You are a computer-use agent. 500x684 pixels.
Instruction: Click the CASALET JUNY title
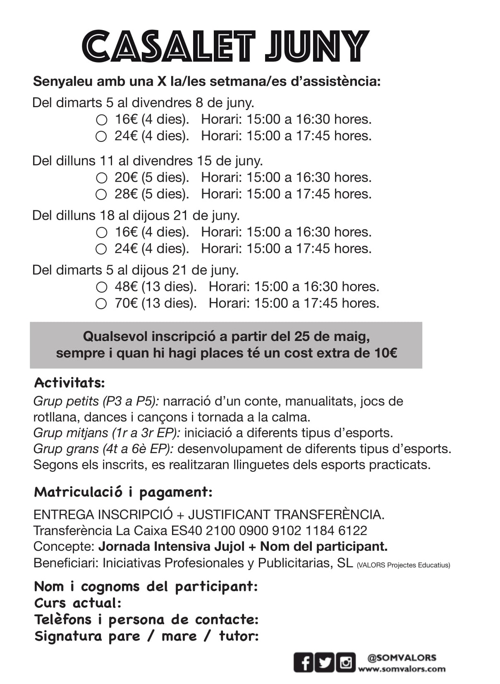click(x=225, y=46)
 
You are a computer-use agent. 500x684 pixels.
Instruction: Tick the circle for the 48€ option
click(x=101, y=287)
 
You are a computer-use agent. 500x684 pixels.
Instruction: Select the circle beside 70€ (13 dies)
click(x=101, y=304)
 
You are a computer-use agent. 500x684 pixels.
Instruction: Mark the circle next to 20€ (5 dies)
click(x=101, y=178)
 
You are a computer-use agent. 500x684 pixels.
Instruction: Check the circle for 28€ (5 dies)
click(x=101, y=194)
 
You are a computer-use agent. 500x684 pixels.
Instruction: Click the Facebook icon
click(x=304, y=662)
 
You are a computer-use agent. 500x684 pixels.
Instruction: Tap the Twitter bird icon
click(x=325, y=662)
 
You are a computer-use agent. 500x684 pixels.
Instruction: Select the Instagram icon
click(x=346, y=662)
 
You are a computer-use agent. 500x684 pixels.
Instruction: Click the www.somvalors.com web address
click(x=402, y=669)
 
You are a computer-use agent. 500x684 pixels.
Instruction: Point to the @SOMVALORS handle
click(x=402, y=658)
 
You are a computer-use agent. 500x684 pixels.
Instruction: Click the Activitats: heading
click(x=69, y=383)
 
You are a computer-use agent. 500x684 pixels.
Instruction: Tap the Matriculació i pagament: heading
click(x=123, y=492)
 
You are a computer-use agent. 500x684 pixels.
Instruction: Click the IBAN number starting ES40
click(x=287, y=530)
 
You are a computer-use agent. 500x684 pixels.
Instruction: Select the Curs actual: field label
click(x=78, y=603)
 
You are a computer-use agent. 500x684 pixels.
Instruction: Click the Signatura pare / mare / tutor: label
click(x=146, y=636)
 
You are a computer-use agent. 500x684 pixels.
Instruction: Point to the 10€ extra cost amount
click(x=386, y=353)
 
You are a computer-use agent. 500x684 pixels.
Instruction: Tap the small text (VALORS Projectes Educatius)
click(x=403, y=565)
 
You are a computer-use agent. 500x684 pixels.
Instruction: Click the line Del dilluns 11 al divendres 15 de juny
click(x=148, y=161)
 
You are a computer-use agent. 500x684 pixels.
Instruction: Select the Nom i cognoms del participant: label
click(x=146, y=586)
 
